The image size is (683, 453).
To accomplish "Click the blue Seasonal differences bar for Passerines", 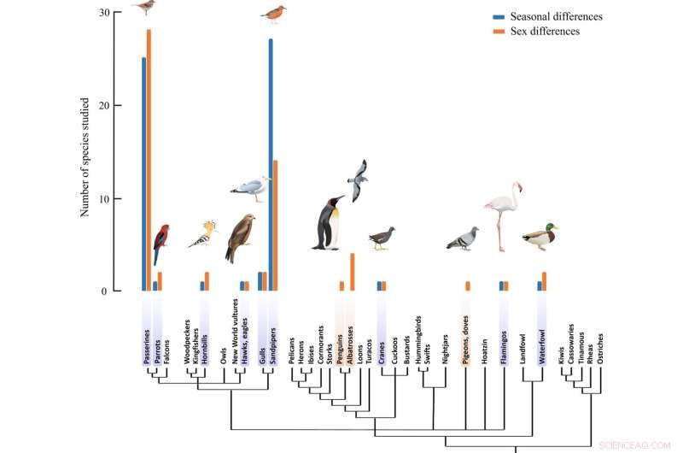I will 143,175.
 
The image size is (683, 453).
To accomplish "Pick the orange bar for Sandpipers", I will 276,226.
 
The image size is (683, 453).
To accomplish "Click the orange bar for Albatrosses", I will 352,272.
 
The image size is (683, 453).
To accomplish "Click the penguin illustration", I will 329,224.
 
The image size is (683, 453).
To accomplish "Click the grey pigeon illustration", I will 463,238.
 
